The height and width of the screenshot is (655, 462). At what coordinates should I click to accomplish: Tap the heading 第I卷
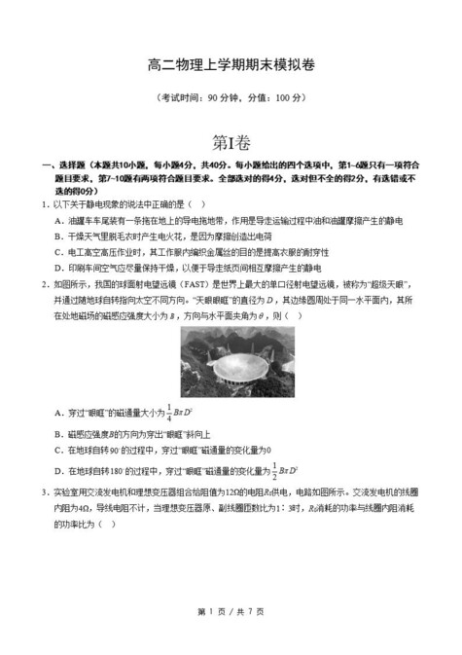click(x=231, y=141)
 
